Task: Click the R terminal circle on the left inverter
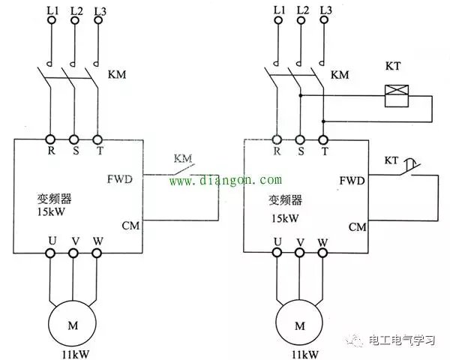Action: [50, 139]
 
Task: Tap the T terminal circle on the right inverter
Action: [324, 139]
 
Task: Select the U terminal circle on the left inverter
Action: [50, 253]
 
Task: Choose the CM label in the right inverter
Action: [357, 226]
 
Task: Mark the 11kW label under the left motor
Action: [73, 352]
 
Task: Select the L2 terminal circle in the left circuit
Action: [73, 20]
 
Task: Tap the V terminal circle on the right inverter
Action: [301, 253]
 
